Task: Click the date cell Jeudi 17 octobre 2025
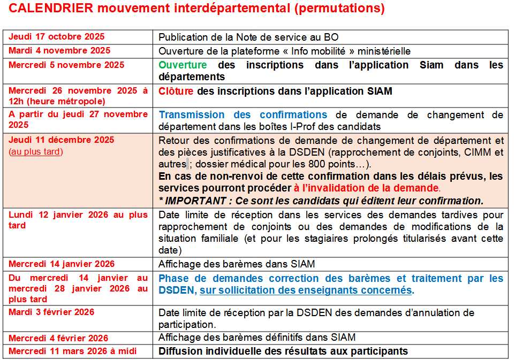tap(57, 37)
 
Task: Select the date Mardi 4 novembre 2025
tap(59, 51)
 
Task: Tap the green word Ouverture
tap(183, 65)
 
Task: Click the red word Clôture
tap(176, 91)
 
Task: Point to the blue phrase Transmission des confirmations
tap(243, 114)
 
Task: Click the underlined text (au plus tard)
tap(35, 151)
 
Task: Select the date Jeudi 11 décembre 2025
tap(62, 140)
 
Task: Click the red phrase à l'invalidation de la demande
tap(366, 188)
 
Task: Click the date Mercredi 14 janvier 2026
tap(62, 264)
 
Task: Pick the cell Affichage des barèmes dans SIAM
tap(237, 264)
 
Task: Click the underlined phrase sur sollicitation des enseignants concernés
tap(306, 290)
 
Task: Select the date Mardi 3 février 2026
tap(51, 312)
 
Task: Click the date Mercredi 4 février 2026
tap(58, 338)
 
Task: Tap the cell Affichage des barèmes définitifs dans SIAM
tap(257, 338)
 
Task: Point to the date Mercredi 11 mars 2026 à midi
tap(72, 351)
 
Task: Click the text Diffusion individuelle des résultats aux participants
tap(283, 351)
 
